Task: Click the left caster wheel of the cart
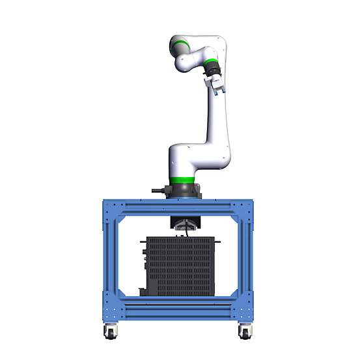pos(109,331)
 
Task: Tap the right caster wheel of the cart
pos(244,331)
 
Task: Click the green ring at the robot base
pos(182,180)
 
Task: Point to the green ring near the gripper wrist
pos(210,66)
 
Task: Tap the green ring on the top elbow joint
pos(180,46)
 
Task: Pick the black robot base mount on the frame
pos(183,190)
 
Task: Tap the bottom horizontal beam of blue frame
pos(178,309)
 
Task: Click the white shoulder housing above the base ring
pos(189,160)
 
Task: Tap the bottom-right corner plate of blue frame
pos(246,310)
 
